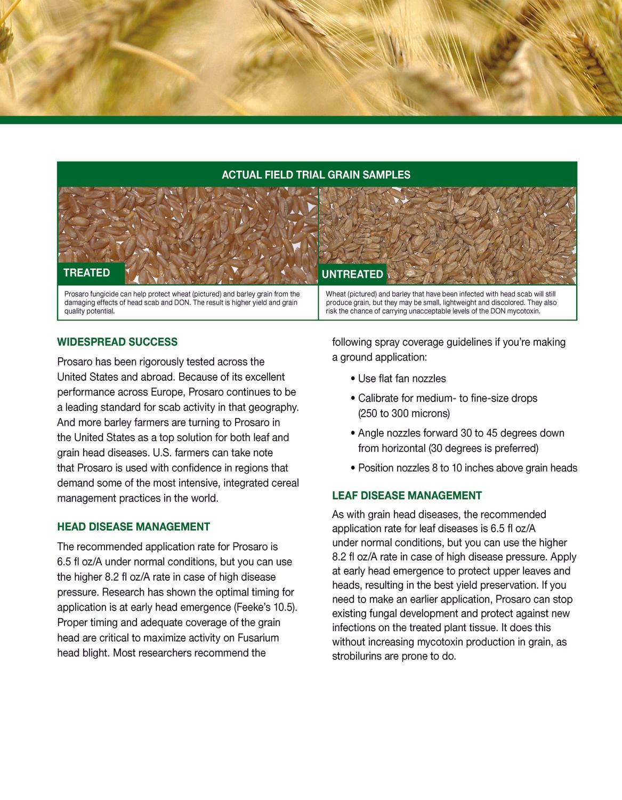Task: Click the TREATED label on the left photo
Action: [87, 273]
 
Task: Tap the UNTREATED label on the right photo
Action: [352, 274]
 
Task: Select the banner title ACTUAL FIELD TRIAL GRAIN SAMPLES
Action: [316, 175]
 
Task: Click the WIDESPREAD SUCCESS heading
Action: [117, 342]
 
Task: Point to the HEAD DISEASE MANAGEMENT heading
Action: [133, 527]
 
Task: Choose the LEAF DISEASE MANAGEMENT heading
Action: [407, 496]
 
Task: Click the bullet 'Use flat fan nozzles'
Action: [401, 379]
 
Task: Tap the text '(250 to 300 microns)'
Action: [404, 413]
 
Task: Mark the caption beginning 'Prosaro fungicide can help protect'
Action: [182, 302]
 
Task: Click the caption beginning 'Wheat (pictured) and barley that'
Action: [441, 302]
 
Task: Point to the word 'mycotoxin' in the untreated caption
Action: [522, 311]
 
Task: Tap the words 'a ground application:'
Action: [379, 357]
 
